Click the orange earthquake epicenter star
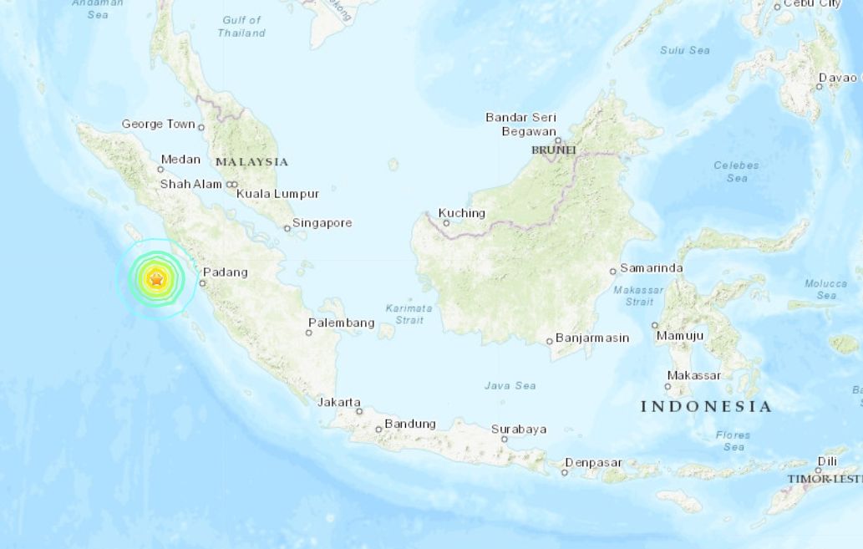(156, 279)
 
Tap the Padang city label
(226, 272)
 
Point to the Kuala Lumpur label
(277, 194)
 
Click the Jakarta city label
(339, 402)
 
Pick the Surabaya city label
(519, 430)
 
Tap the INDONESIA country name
(706, 407)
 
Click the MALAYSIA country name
(251, 162)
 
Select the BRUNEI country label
(554, 150)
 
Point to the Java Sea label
(510, 385)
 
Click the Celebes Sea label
(736, 171)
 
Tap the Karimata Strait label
(409, 313)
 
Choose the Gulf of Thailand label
(241, 27)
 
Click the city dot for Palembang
(308, 333)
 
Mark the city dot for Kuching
(446, 223)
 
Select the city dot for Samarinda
(613, 271)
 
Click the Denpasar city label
(594, 463)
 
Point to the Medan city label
(180, 160)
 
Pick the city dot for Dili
(819, 470)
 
